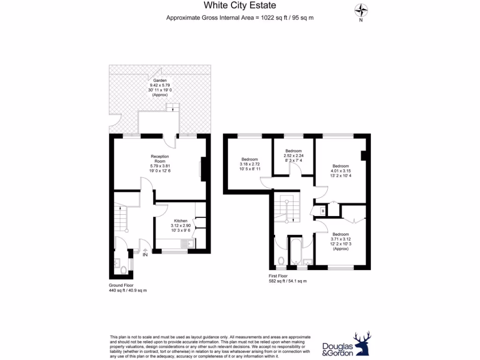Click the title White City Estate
[240, 6]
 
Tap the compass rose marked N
[360, 10]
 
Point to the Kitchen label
[180, 225]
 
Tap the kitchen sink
[188, 243]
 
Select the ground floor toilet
[123, 270]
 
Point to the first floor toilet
[281, 261]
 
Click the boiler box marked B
[322, 211]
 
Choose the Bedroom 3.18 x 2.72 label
[250, 164]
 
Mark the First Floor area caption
[287, 279]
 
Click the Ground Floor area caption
[127, 288]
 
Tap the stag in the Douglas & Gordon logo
[362, 345]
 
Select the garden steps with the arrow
[173, 107]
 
